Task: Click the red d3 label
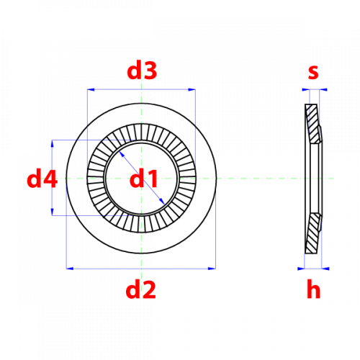[142, 71]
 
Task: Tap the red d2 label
[141, 289]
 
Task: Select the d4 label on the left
[42, 179]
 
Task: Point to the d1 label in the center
[143, 179]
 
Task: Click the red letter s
[313, 72]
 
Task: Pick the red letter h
[313, 289]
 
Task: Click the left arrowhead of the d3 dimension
[91, 90]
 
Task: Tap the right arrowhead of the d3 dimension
[192, 90]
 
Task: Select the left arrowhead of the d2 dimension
[70, 269]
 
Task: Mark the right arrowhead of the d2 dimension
[212, 269]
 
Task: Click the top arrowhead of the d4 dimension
[52, 143]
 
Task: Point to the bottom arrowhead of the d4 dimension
[52, 212]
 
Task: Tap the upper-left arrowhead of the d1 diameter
[122, 154]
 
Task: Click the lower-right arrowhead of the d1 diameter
[162, 202]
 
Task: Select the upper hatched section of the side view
[313, 124]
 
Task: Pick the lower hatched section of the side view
[313, 233]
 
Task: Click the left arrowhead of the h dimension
[301, 269]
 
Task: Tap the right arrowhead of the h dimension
[325, 269]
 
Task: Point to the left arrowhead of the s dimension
[306, 90]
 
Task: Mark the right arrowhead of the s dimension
[323, 90]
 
